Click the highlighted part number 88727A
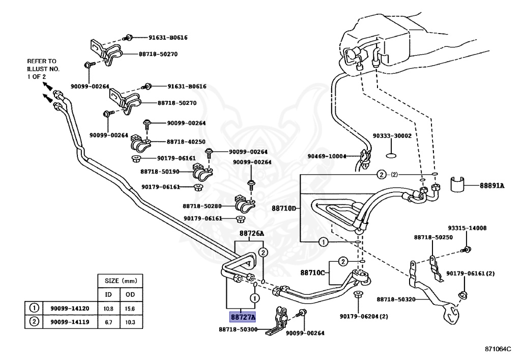point(243,317)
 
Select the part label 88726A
point(251,234)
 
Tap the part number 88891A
point(491,186)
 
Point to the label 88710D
point(283,208)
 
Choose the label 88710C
point(312,272)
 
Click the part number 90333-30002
point(392,136)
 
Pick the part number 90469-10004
point(327,156)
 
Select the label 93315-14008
point(467,229)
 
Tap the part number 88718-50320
point(396,299)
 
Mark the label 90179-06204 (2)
point(364,317)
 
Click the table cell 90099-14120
point(70,309)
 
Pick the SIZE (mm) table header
point(120,281)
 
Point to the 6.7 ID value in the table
point(108,322)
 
